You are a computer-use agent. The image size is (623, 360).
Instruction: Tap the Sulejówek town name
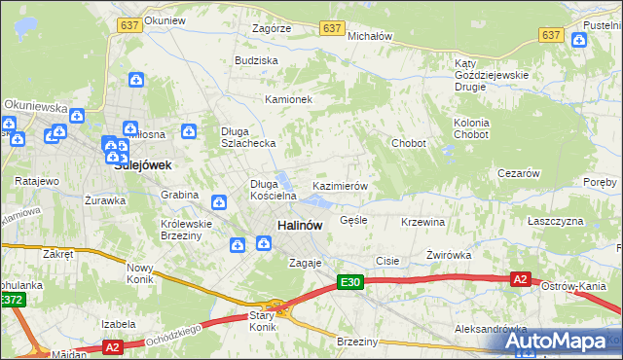pos(143,165)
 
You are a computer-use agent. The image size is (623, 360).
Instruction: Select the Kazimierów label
pos(339,185)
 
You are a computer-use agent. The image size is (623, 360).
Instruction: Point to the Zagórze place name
pos(271,28)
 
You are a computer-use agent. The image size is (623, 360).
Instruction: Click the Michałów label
pos(369,35)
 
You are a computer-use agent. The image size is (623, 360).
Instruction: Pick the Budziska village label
pos(256,60)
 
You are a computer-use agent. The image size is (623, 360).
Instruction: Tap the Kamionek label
pos(288,99)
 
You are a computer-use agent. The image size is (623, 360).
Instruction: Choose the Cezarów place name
pos(518,172)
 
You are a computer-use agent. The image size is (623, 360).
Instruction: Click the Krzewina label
pos(422,222)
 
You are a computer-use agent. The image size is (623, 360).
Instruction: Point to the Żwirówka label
pos(449,255)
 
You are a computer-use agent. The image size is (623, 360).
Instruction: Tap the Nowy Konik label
pos(140,272)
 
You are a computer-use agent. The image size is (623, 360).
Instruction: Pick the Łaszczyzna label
pos(555,221)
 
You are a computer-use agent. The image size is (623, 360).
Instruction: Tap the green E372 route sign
pos(12,301)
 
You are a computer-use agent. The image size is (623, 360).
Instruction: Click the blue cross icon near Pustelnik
pos(579,40)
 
